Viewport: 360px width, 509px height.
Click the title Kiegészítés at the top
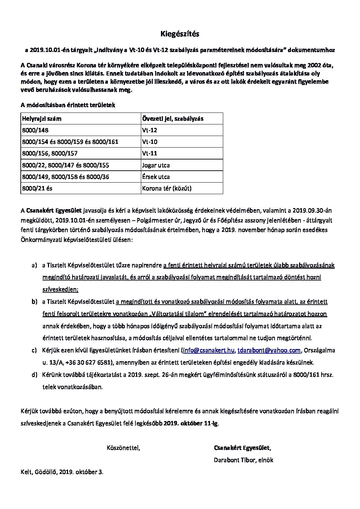click(x=180, y=34)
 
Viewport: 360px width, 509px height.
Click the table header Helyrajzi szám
click(x=42, y=119)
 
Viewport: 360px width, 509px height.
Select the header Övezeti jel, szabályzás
click(x=173, y=119)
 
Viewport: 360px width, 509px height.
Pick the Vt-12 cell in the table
click(x=150, y=130)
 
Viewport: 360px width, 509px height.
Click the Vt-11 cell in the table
click(x=150, y=153)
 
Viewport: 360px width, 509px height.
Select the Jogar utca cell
click(x=156, y=165)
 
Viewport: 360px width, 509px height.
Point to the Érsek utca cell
click(x=156, y=177)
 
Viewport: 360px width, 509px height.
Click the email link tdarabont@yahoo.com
click(x=269, y=350)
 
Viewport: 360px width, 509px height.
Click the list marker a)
click(x=34, y=265)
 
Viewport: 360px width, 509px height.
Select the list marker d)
click(x=34, y=375)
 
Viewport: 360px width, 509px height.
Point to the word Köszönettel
click(x=123, y=448)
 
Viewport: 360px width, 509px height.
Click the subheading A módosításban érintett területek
click(x=68, y=105)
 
